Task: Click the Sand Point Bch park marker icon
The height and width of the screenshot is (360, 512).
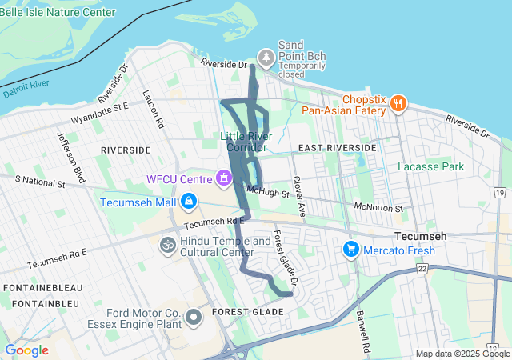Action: click(266, 56)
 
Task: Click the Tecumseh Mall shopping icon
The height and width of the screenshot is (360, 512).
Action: click(189, 202)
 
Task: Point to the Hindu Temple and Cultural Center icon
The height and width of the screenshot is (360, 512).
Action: click(168, 244)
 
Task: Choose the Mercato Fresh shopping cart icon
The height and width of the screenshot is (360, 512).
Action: click(350, 250)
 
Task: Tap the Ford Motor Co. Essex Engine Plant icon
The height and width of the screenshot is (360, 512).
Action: click(194, 318)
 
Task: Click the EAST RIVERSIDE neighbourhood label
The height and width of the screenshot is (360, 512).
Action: click(336, 148)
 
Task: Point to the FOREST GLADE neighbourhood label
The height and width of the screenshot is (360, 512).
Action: click(247, 311)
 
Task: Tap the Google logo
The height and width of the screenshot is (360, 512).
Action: click(26, 350)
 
